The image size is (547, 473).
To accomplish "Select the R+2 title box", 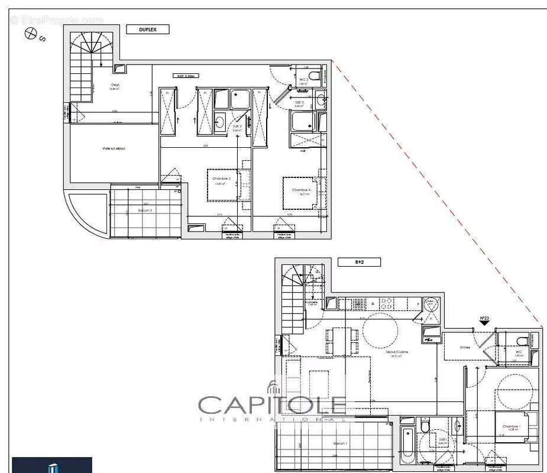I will [x=351, y=261].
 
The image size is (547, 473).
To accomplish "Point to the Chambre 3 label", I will [x=301, y=189].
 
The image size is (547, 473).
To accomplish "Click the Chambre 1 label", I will [x=512, y=426].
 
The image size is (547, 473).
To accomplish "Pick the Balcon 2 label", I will [x=145, y=210].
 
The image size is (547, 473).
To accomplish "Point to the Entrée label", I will [x=465, y=347].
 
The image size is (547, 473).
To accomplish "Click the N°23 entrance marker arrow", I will [x=484, y=323].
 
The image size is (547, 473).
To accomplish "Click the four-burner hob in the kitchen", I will [x=386, y=303].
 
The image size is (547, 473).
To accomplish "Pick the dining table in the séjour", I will [x=342, y=341].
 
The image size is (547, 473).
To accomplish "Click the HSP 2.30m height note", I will [x=185, y=76].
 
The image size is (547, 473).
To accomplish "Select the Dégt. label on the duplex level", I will [x=116, y=85].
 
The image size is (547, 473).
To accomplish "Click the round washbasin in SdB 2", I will [x=220, y=122].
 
